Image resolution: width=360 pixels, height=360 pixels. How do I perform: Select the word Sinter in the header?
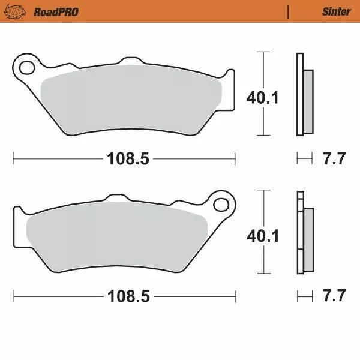(x=335, y=11)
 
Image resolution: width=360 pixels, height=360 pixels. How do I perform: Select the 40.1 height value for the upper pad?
(x=263, y=98)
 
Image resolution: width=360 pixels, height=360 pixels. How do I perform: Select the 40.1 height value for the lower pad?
(x=263, y=236)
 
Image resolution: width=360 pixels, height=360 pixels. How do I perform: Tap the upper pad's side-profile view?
(x=304, y=96)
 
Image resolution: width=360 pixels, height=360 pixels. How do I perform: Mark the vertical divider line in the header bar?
(x=289, y=11)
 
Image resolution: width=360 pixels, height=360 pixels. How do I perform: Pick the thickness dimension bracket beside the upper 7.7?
(x=305, y=159)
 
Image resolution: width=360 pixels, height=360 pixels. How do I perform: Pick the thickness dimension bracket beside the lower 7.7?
(x=305, y=296)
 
